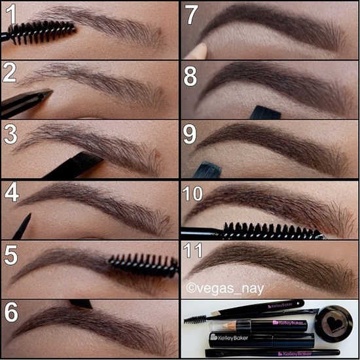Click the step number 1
[10, 14]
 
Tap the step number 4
[12, 192]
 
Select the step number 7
[192, 14]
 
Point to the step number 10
[192, 193]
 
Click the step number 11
[192, 250]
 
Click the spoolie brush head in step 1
[42, 32]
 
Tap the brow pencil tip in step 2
[47, 93]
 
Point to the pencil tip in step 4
[27, 217]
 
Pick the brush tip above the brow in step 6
[81, 304]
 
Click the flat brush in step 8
[265, 113]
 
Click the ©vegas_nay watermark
[225, 289]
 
